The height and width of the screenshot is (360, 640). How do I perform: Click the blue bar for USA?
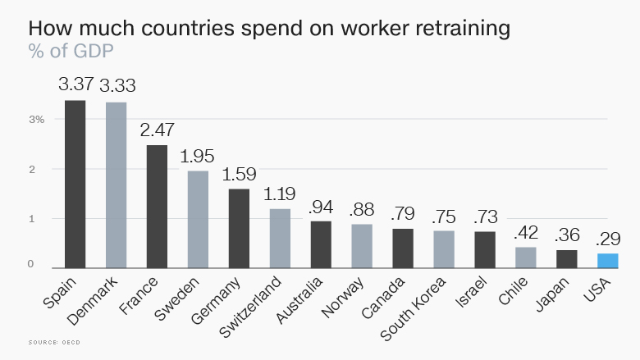607,261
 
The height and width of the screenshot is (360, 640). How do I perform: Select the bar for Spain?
75,185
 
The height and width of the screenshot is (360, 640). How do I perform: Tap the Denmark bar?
116,185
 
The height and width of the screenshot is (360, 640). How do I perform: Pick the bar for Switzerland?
280,239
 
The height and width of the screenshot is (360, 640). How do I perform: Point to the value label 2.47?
157,129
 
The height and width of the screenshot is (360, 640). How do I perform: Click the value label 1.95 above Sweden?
198,155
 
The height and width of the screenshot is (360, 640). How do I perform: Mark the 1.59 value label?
239,173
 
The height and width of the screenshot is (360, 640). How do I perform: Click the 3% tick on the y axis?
37,120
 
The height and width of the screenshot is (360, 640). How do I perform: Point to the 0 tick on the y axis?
30,264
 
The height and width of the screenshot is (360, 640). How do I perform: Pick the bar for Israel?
485,250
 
